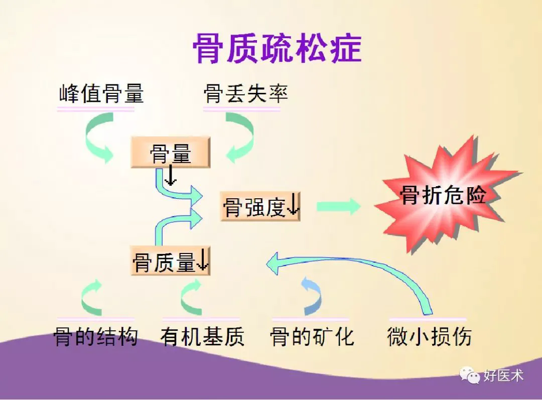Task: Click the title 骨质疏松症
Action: [x=277, y=48]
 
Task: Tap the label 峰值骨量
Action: [x=101, y=93]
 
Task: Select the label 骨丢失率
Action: [x=246, y=93]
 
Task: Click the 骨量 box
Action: [x=171, y=153]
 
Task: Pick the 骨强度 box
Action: [x=260, y=207]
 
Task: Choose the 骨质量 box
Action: [x=171, y=261]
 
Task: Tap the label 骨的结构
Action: [x=96, y=336]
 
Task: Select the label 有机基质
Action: [x=202, y=336]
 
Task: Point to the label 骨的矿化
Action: [x=312, y=336]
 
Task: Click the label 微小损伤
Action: [x=429, y=336]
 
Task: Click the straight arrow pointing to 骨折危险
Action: [x=339, y=207]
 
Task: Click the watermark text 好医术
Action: [x=503, y=375]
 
